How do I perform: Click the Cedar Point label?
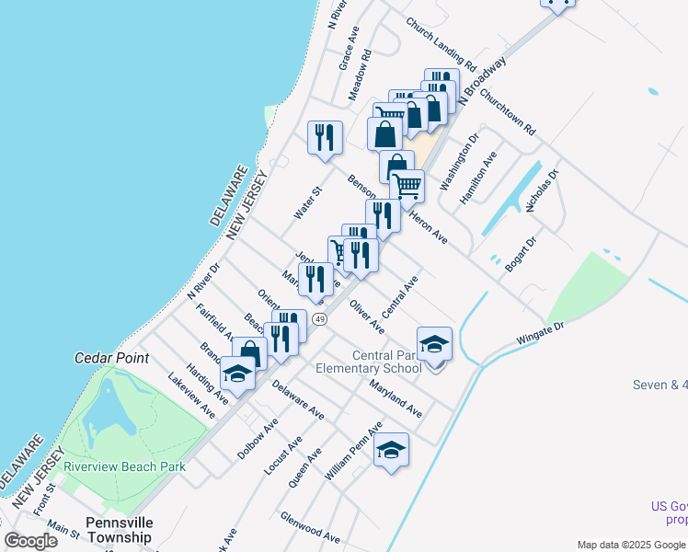pos(112,357)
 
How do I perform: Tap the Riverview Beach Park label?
pos(124,466)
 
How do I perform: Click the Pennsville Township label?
pos(118,530)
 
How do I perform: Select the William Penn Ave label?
pos(352,452)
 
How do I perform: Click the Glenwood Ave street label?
pos(310,526)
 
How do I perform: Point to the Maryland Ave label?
pos(396,397)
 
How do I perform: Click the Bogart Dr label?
pos(520,252)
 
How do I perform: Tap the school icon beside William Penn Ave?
pos(392,450)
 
